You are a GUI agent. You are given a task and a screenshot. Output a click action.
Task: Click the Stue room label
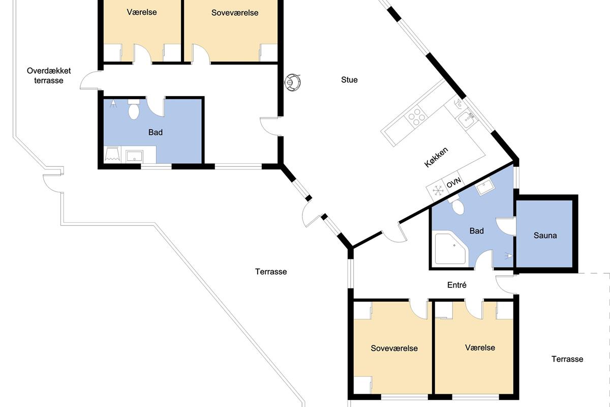(349, 80)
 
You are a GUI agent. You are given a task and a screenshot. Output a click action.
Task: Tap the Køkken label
(436, 157)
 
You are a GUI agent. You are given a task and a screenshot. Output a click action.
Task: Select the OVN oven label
(453, 182)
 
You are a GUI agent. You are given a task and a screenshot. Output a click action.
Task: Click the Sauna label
(545, 235)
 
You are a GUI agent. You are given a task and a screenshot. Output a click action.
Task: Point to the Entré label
(456, 285)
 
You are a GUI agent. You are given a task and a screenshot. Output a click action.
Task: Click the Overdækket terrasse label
(49, 75)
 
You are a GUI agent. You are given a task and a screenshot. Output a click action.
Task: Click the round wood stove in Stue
(292, 82)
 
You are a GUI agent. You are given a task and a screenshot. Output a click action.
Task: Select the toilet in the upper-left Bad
(133, 109)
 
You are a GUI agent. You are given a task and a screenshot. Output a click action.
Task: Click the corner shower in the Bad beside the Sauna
(451, 249)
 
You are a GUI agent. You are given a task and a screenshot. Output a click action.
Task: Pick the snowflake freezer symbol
(438, 190)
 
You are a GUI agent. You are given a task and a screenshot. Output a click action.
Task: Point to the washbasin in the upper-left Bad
(134, 156)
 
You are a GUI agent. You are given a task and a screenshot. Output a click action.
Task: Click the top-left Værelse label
(142, 12)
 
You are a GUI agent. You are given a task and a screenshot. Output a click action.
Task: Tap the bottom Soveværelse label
(394, 348)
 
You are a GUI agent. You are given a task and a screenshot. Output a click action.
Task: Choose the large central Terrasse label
(270, 272)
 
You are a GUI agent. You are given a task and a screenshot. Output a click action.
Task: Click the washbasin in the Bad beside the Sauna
(484, 187)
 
